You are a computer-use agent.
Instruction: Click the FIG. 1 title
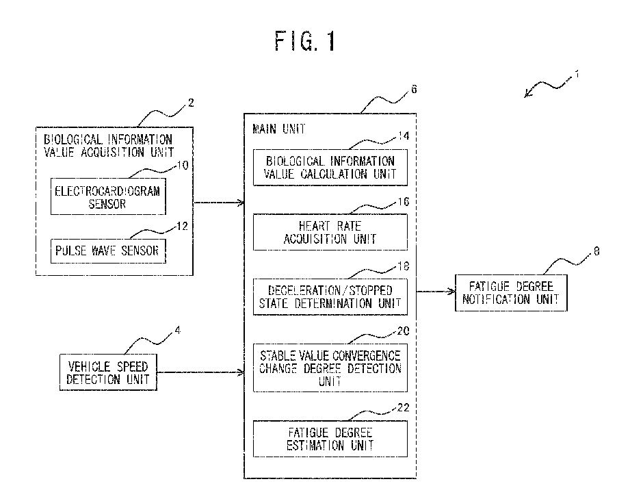[x=305, y=41]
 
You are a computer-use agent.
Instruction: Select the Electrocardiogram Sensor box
[x=108, y=196]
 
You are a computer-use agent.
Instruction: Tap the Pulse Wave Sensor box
[x=108, y=251]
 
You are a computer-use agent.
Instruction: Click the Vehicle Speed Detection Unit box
[x=108, y=372]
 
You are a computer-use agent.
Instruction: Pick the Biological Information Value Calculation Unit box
[x=330, y=168]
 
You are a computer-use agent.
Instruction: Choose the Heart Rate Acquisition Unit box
[x=330, y=232]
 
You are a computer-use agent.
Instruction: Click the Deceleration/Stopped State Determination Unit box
[x=330, y=297]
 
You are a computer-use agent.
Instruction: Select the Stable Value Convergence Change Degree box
[x=330, y=368]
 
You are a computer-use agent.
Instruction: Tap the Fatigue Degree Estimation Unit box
[x=330, y=439]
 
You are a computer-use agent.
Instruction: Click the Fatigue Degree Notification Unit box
[x=511, y=293]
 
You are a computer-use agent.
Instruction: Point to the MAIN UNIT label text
[x=279, y=129]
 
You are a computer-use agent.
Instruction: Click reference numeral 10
[x=183, y=165]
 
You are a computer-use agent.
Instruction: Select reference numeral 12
[x=183, y=226]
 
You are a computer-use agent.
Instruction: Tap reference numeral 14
[x=404, y=136]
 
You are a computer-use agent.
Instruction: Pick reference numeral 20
[x=404, y=331]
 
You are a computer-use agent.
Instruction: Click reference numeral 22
[x=404, y=408]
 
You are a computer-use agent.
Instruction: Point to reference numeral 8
[x=596, y=251]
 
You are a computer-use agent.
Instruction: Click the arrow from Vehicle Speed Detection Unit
[x=200, y=372]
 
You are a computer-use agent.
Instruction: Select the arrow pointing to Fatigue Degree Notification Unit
[x=436, y=291]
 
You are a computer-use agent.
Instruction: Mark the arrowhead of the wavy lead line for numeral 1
[x=525, y=97]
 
